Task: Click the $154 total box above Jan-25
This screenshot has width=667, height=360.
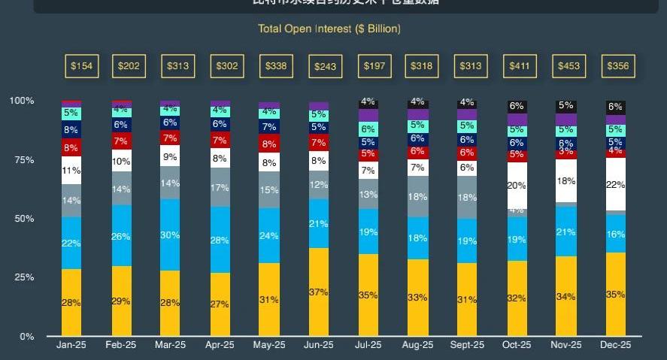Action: (x=81, y=66)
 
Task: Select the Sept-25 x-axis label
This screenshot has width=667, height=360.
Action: (x=467, y=346)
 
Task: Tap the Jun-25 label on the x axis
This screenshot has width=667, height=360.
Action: (x=318, y=346)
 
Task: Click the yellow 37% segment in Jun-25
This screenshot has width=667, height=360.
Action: (x=319, y=292)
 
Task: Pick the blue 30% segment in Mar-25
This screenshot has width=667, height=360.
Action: (x=170, y=234)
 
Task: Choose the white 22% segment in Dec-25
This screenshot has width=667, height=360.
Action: (x=616, y=184)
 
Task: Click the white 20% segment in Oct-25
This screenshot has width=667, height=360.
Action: (x=517, y=185)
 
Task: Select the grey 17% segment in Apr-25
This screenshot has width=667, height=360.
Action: (x=220, y=187)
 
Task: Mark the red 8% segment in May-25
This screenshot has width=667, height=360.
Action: (x=268, y=144)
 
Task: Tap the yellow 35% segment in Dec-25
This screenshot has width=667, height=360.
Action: (x=616, y=294)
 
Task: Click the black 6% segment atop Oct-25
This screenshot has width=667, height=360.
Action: (x=517, y=107)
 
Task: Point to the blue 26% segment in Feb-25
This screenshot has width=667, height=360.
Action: (x=120, y=236)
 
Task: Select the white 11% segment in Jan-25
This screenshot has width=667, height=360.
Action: (x=71, y=170)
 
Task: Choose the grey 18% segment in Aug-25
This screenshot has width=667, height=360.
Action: (x=417, y=197)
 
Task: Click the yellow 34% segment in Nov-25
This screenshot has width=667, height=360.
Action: (x=566, y=296)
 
